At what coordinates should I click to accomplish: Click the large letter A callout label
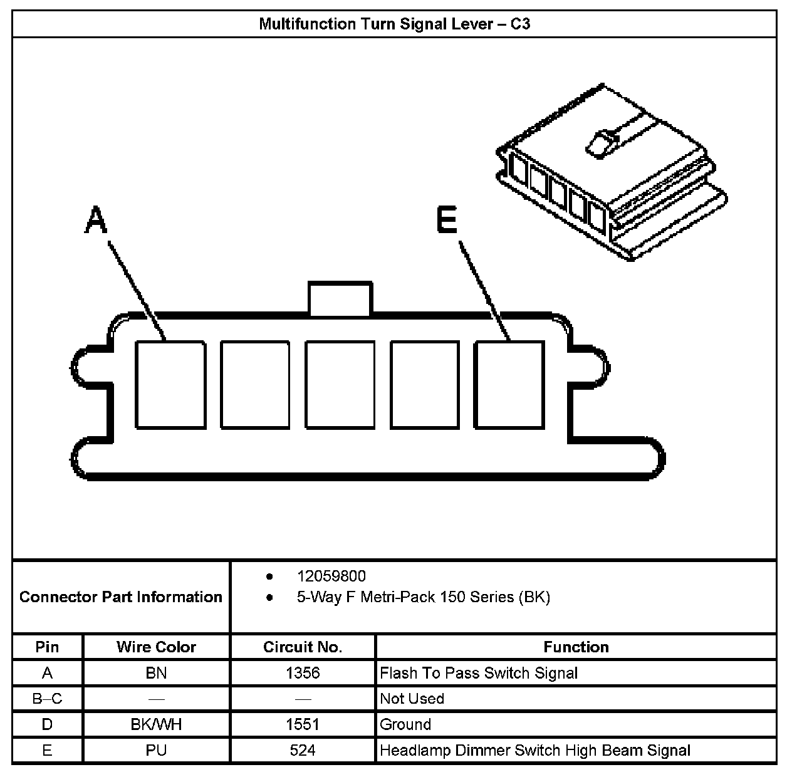95,221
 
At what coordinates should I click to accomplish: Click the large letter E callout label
447,221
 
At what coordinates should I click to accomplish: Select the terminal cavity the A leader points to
170,385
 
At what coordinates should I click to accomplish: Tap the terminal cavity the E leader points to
508,385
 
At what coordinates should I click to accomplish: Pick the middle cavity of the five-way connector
340,385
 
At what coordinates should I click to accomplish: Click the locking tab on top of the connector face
339,298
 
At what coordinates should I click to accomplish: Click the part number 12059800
331,576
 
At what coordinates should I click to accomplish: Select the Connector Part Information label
121,597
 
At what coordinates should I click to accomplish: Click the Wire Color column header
156,647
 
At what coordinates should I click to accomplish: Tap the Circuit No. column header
303,647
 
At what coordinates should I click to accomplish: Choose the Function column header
576,647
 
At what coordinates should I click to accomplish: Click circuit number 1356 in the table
303,673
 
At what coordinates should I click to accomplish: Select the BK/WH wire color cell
156,724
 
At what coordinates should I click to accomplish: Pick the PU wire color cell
156,750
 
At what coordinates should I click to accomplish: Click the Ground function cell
406,724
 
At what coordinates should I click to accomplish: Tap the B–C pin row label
47,699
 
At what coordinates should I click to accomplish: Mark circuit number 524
303,750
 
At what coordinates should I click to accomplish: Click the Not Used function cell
412,699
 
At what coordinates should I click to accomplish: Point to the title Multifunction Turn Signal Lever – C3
395,24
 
